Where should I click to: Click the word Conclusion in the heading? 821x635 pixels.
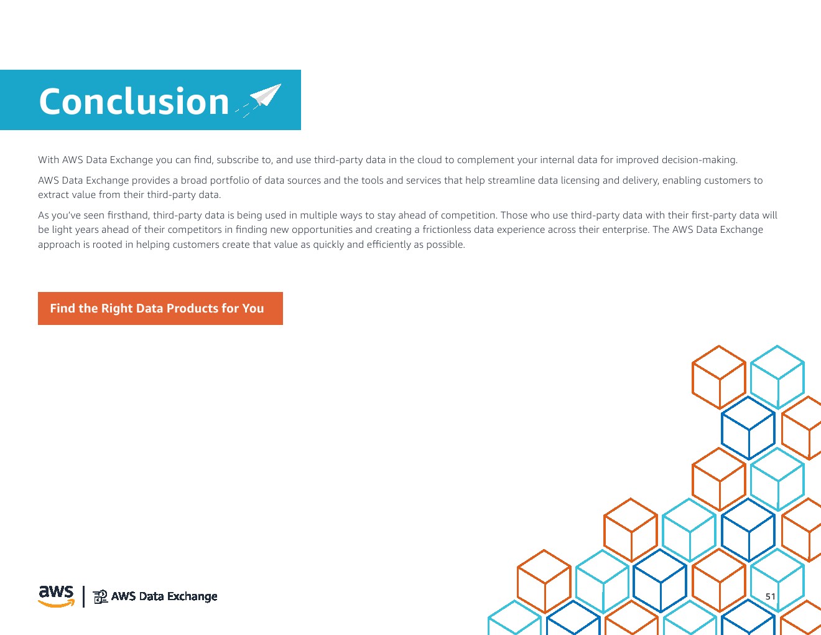[134, 101]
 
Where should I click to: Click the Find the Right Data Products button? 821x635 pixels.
[160, 308]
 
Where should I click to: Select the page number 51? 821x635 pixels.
[771, 596]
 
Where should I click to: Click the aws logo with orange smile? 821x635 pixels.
[57, 596]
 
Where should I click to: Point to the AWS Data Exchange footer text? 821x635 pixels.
[164, 596]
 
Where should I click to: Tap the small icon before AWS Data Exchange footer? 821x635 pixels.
[100, 597]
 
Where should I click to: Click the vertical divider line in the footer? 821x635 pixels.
[83, 596]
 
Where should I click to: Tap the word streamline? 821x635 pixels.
[511, 181]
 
